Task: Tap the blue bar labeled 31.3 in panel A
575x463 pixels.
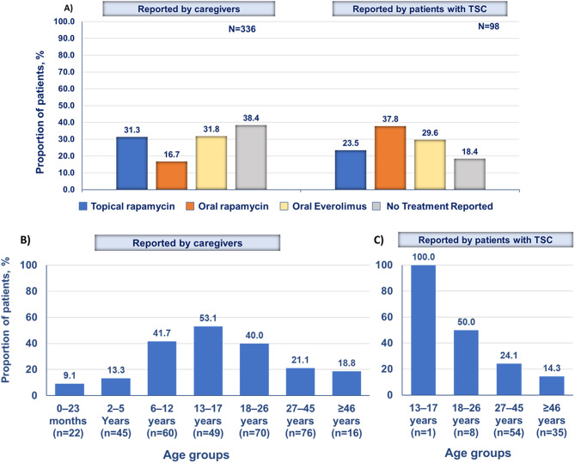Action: [x=132, y=163]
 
